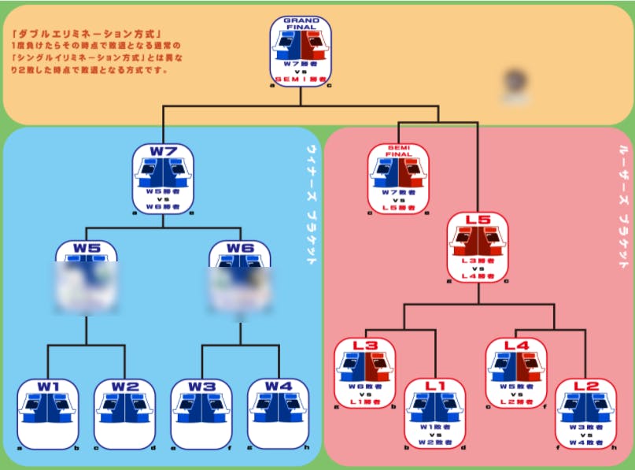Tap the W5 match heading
87,250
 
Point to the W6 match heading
239,250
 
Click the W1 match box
47,414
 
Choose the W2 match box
124,414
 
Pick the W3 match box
201,414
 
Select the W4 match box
278,414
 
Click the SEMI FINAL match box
400,178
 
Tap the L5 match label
478,221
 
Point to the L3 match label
365,346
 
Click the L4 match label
516,346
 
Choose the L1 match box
434,413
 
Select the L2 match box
586,413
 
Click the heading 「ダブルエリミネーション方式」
87,35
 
